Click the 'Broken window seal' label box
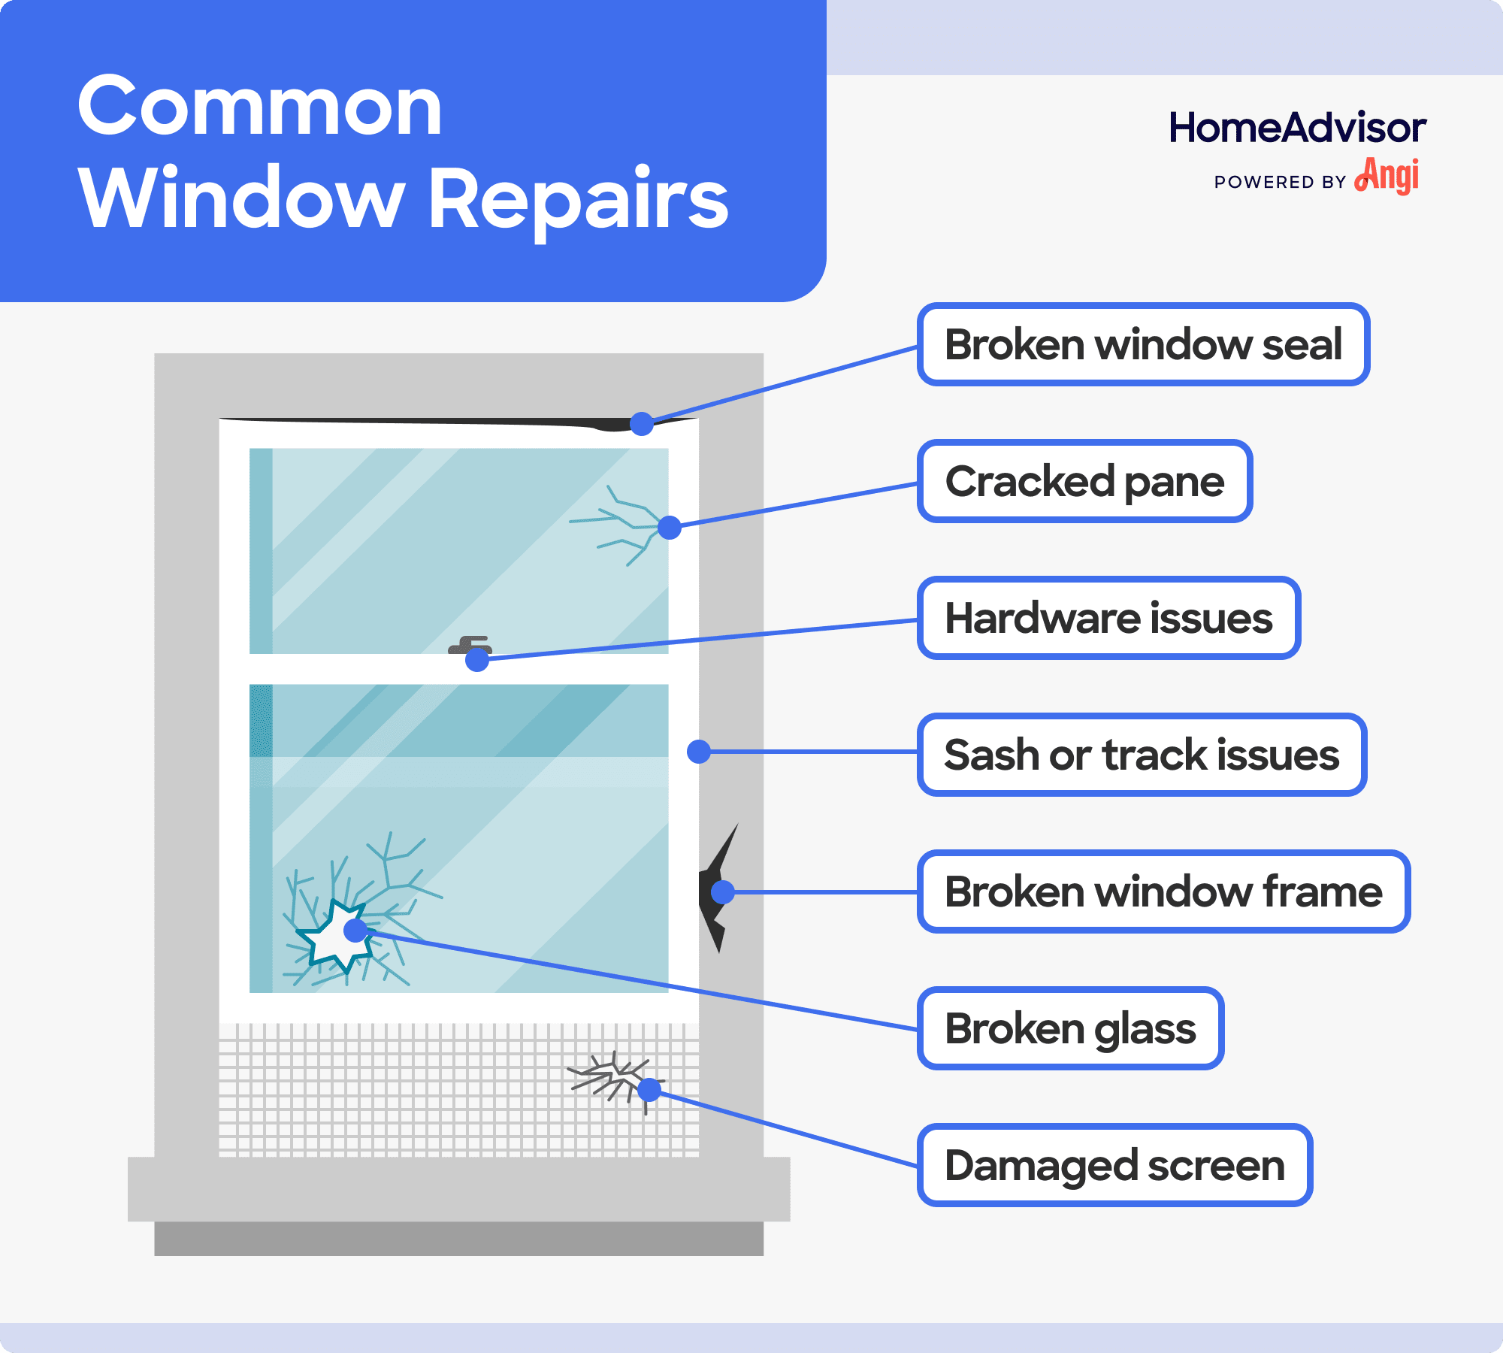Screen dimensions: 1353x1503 tap(1143, 345)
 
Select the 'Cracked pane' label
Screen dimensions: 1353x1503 tap(1084, 482)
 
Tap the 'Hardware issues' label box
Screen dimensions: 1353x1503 tap(1108, 619)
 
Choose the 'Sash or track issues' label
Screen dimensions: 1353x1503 tap(1142, 755)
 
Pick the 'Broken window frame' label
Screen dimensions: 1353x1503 tap(1163, 892)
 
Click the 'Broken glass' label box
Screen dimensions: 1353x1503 tap(1070, 1029)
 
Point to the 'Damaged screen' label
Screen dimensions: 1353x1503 tap(1114, 1166)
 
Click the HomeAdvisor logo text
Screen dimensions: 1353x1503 tap(1297, 128)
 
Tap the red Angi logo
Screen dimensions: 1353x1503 tap(1387, 176)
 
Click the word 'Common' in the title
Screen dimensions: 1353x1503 tap(260, 107)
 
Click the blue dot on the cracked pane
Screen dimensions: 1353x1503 tap(669, 528)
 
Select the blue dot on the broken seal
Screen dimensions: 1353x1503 tap(641, 424)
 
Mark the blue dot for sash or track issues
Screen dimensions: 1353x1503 tap(699, 752)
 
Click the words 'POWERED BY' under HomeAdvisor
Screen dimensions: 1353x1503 tap(1280, 182)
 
